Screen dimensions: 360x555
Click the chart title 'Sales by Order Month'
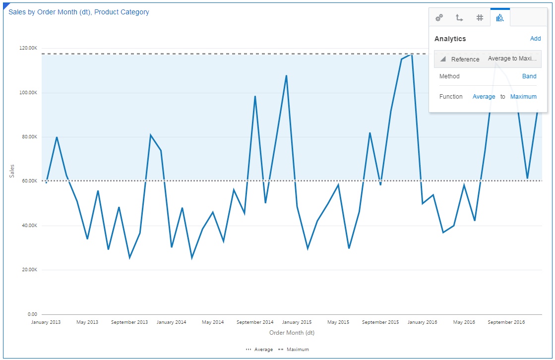pos(79,12)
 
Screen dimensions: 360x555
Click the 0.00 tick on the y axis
pos(33,314)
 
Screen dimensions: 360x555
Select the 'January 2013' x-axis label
pos(46,322)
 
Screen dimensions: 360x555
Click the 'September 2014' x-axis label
pos(255,322)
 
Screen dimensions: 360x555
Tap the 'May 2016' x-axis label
pos(464,322)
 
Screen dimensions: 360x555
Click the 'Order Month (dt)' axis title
pos(292,333)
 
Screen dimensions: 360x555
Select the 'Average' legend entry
pos(259,350)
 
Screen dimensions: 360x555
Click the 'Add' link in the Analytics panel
pos(535,39)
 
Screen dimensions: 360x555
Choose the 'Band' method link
pos(529,76)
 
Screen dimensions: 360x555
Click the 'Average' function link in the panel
pos(484,97)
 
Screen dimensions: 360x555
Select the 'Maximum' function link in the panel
pos(523,97)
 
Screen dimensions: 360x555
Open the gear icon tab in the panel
pos(439,18)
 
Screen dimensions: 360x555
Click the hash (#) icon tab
pos(480,18)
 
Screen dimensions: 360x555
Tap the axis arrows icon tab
pos(459,18)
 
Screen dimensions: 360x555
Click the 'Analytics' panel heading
pos(450,39)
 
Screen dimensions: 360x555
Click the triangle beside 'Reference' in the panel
pos(443,60)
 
